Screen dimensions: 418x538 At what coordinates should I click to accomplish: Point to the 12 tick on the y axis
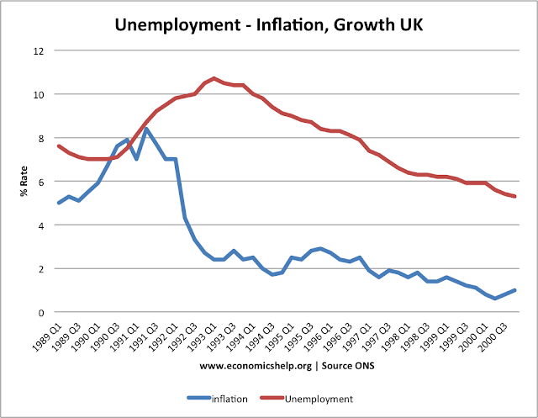coord(37,50)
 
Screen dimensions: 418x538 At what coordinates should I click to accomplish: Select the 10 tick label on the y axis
coord(37,94)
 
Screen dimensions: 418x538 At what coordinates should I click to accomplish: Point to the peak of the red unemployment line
coord(215,78)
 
